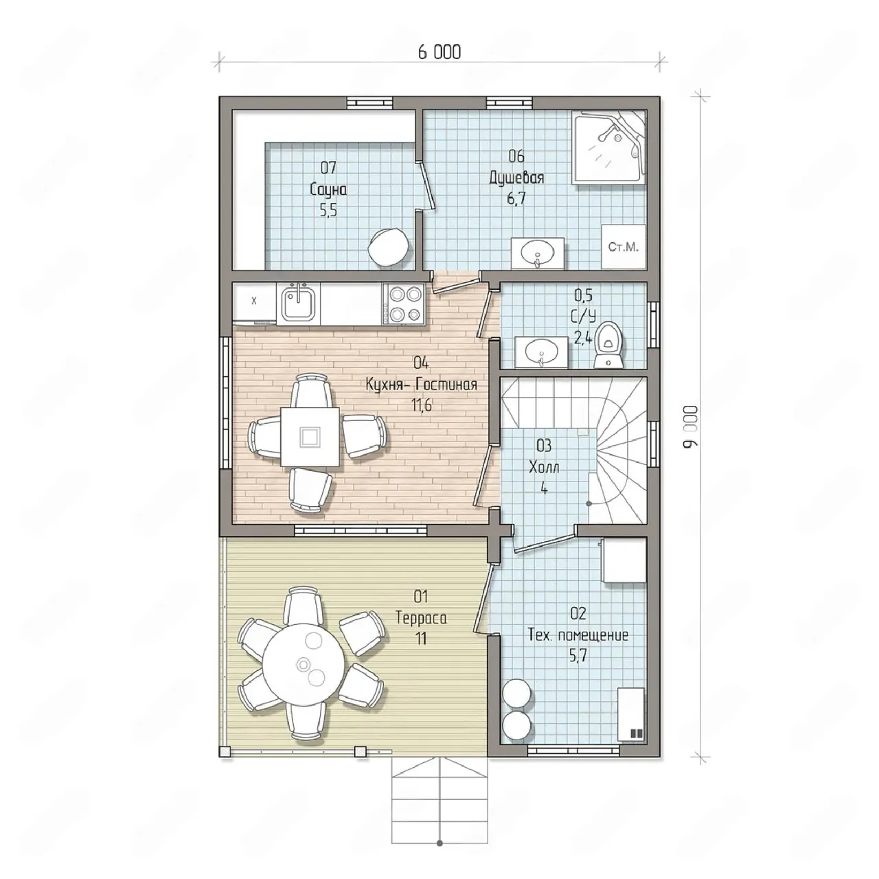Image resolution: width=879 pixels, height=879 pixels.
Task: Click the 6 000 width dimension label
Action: (x=439, y=52)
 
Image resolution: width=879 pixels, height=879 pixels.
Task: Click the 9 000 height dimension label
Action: (x=691, y=426)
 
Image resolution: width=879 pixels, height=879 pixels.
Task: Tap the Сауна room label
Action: (x=328, y=190)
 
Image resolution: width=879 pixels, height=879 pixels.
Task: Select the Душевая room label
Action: (x=517, y=177)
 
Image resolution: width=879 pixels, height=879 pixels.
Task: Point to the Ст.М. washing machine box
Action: (x=624, y=247)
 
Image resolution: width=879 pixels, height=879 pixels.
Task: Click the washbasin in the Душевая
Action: (x=538, y=253)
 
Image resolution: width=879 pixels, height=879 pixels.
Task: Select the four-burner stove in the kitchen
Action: (x=404, y=304)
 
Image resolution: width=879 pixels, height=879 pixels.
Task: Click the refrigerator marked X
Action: (x=254, y=301)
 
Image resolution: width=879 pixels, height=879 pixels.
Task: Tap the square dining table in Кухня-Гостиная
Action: (x=310, y=437)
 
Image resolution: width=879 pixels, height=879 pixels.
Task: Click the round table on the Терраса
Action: (x=304, y=664)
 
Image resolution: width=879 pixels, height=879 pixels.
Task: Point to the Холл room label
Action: (x=544, y=467)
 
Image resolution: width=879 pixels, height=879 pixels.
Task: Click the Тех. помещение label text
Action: (x=578, y=635)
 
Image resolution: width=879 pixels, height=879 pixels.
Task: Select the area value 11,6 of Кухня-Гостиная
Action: (x=422, y=405)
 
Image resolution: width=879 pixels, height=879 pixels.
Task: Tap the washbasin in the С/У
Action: (x=541, y=352)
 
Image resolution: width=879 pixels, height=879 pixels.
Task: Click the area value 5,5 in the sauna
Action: (x=328, y=210)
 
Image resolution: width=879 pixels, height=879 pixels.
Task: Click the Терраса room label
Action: (x=421, y=618)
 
